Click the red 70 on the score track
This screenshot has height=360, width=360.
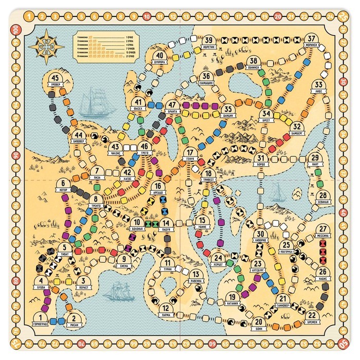(81, 343)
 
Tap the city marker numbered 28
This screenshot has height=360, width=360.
(322, 196)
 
